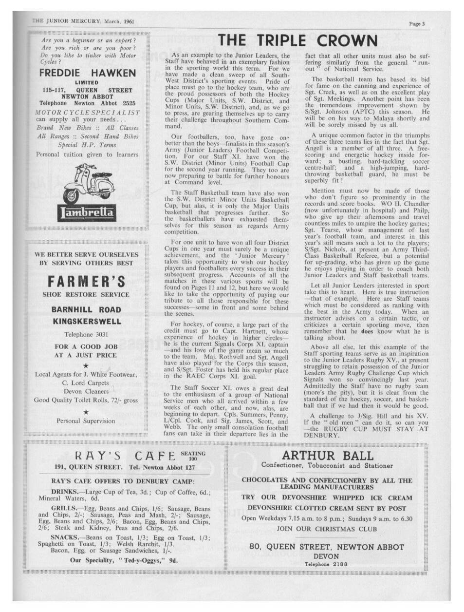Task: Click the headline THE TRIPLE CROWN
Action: (298, 41)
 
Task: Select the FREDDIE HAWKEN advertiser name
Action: (87, 74)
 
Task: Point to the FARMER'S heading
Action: (87, 281)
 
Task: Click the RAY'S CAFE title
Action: (126, 456)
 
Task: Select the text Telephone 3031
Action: (86, 334)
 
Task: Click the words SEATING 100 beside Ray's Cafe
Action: (193, 456)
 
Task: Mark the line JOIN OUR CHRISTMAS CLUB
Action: (327, 528)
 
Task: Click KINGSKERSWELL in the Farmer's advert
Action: (87, 322)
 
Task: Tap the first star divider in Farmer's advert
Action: (86, 365)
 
